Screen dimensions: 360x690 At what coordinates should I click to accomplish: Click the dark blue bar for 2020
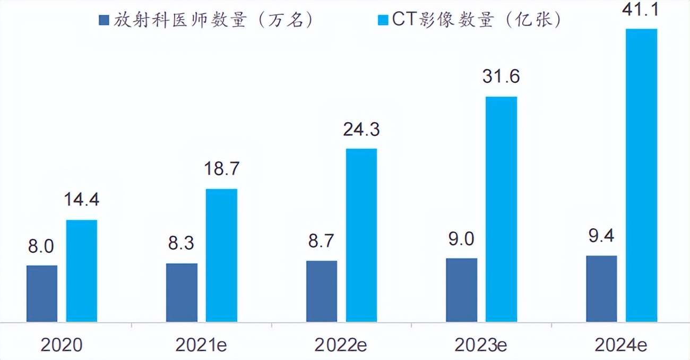[42, 294]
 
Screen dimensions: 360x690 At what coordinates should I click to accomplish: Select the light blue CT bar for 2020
[81, 271]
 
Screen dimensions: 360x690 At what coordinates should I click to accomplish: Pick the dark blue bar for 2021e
[182, 293]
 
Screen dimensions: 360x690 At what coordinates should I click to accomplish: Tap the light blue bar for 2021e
[221, 255]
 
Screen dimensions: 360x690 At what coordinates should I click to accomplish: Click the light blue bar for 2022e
[361, 235]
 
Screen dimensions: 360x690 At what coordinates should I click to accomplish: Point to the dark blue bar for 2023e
[462, 290]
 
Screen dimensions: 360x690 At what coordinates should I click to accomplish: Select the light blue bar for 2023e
[502, 209]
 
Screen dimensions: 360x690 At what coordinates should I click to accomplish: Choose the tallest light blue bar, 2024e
[641, 175]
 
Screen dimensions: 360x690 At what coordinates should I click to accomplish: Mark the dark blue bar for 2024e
[601, 289]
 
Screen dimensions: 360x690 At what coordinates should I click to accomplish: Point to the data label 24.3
[361, 129]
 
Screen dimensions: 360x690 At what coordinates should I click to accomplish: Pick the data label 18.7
[221, 169]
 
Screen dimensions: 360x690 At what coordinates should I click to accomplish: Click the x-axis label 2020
[62, 346]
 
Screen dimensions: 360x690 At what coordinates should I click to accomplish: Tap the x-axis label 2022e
[341, 346]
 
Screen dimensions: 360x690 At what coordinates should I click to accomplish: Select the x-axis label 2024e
[621, 346]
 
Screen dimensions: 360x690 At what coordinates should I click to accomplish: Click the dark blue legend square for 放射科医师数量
[103, 21]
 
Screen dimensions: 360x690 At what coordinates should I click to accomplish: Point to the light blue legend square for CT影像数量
[382, 21]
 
